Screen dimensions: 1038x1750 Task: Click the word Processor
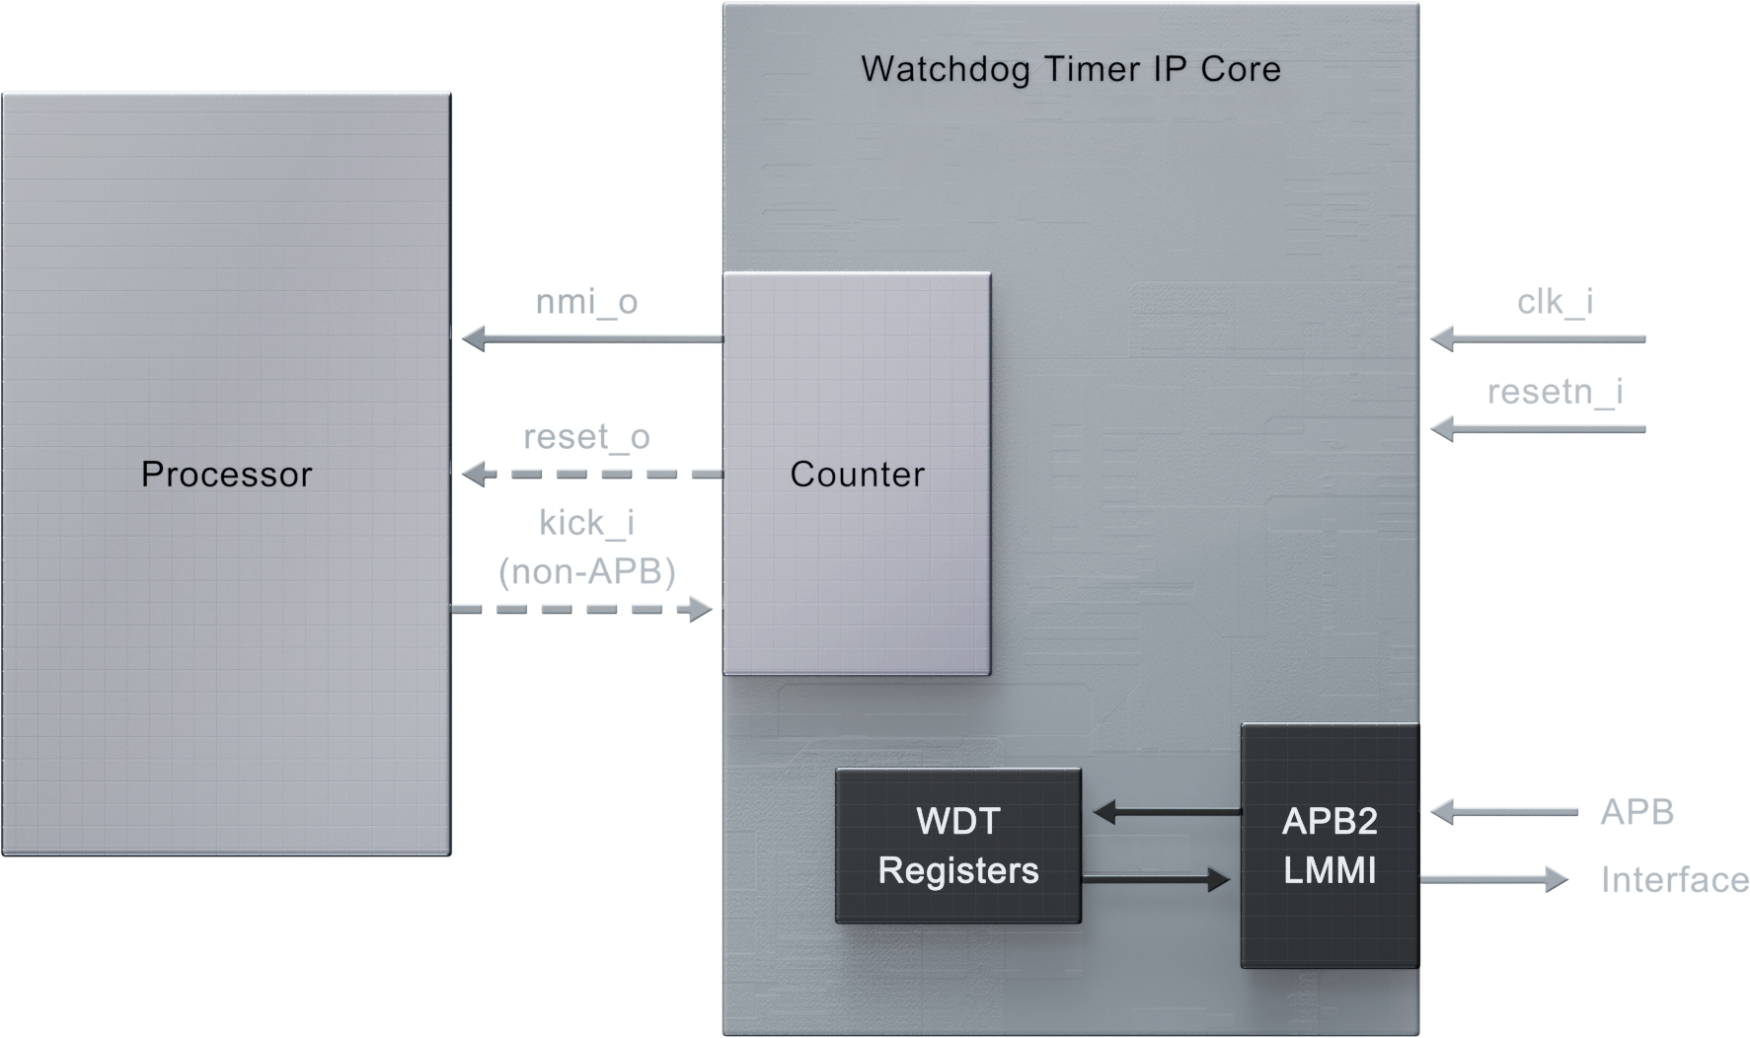[226, 475]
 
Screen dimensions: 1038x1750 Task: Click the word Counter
[857, 475]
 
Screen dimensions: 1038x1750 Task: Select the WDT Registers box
[958, 846]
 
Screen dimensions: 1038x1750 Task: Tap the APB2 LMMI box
[1329, 846]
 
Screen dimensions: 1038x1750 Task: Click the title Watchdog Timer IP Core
[1071, 69]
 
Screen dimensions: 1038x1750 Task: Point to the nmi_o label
[587, 310]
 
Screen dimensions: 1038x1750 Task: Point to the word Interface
[1668, 880]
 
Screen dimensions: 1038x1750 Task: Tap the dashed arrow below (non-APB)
[582, 609]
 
